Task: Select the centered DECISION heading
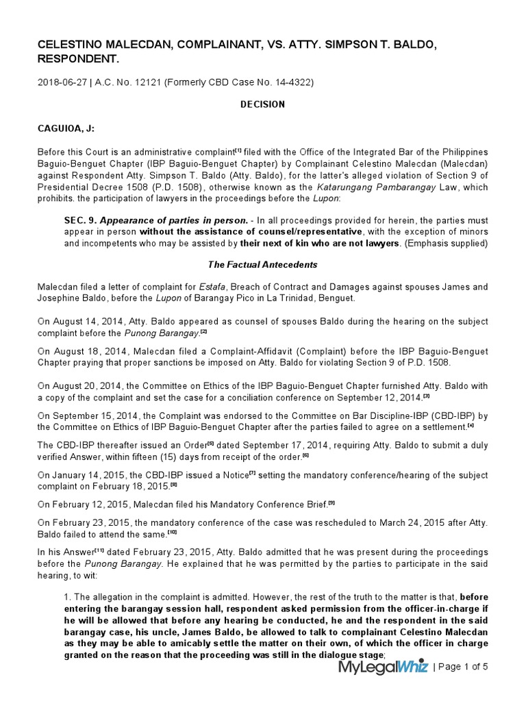click(x=262, y=105)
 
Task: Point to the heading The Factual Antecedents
click(x=262, y=265)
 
